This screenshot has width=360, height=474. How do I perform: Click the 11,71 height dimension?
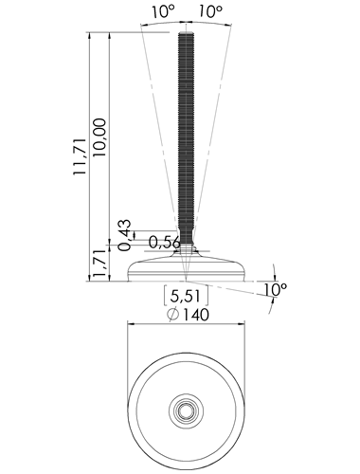pos(80,156)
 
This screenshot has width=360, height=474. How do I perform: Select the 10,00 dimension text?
pos(99,137)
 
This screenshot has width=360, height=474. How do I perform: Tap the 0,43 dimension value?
pos(124,234)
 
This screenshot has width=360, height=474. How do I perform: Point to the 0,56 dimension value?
pos(165,243)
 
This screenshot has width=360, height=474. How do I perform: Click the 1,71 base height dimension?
pos(99,264)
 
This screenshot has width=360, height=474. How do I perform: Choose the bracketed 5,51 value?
pos(186,297)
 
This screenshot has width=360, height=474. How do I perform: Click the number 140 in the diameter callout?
pos(196,315)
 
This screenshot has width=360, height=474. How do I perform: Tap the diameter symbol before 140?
pos(173,315)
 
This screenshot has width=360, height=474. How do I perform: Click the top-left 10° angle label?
pos(163,12)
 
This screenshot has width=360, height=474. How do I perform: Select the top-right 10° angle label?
pos(210,11)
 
